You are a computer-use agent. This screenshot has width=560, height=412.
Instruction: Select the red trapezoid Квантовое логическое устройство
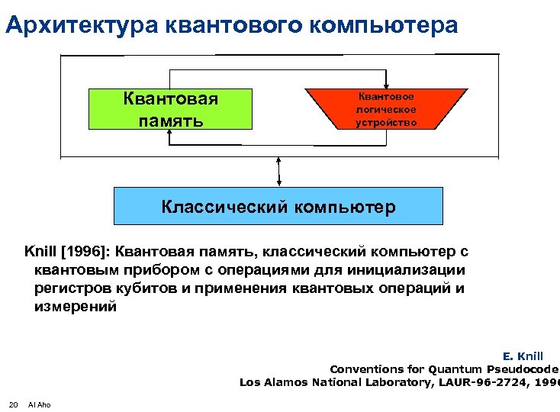[x=387, y=109]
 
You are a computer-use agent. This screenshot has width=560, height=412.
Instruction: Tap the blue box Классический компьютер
[x=278, y=206]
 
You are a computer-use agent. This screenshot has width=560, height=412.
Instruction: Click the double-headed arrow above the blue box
[x=279, y=171]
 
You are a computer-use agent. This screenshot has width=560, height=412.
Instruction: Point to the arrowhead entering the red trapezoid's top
[x=388, y=85]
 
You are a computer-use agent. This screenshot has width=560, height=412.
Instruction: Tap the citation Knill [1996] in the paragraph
[x=64, y=252]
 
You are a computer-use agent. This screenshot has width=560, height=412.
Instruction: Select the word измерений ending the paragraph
[x=76, y=307]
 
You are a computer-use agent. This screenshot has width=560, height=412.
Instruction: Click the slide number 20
[x=13, y=404]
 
